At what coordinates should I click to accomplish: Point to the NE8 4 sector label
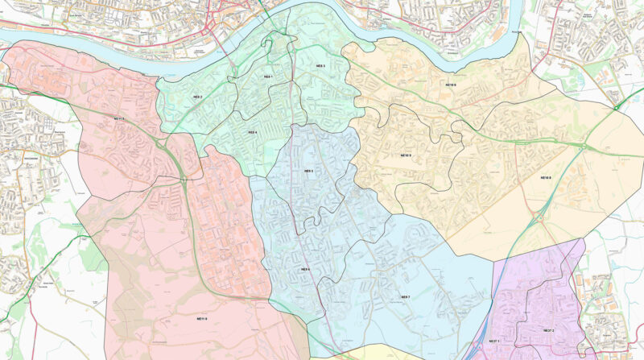252,132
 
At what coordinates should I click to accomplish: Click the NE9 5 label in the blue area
308,171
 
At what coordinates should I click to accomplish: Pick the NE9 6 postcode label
305,269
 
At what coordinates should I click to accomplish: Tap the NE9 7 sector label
406,297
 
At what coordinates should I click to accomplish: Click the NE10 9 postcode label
406,155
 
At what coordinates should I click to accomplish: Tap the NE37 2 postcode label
548,331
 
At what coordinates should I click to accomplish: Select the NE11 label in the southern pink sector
200,320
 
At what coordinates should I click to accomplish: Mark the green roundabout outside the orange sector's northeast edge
616,106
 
